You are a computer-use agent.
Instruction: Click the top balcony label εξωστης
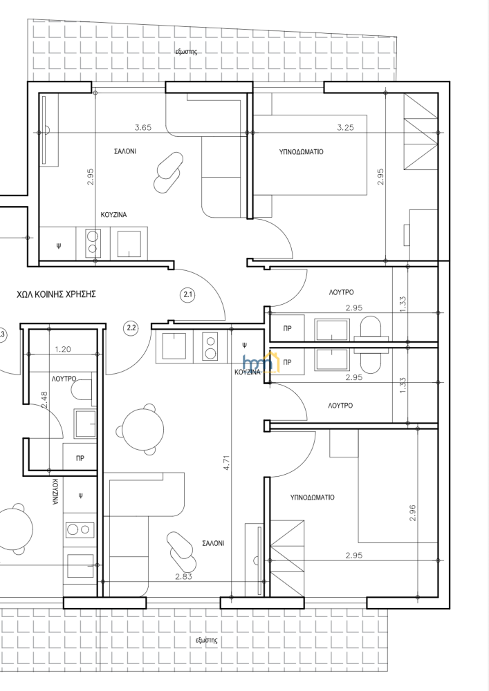point(186,52)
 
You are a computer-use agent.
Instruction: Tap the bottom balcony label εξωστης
point(206,641)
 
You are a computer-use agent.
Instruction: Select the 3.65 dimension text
point(143,128)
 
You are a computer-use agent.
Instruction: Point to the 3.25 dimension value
point(345,128)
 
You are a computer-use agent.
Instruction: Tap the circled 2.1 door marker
point(188,294)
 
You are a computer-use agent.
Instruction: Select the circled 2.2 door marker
point(131,328)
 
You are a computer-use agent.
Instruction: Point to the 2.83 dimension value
point(183,576)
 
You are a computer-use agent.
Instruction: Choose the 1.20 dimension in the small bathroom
point(63,350)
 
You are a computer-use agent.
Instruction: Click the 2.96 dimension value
point(413,513)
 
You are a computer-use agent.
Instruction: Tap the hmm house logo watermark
point(261,361)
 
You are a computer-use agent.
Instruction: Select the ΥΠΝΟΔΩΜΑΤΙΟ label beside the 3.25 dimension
point(301,152)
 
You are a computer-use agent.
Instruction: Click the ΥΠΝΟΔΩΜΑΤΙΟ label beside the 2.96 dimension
point(312,498)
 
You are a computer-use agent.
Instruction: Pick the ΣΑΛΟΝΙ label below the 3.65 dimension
point(125,151)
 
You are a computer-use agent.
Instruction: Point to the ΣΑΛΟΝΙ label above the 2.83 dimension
point(214,544)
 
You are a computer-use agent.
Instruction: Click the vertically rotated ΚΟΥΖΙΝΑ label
point(55,492)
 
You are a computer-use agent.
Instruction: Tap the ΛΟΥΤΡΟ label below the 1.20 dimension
point(64,379)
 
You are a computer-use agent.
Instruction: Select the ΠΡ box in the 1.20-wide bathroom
point(80,458)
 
